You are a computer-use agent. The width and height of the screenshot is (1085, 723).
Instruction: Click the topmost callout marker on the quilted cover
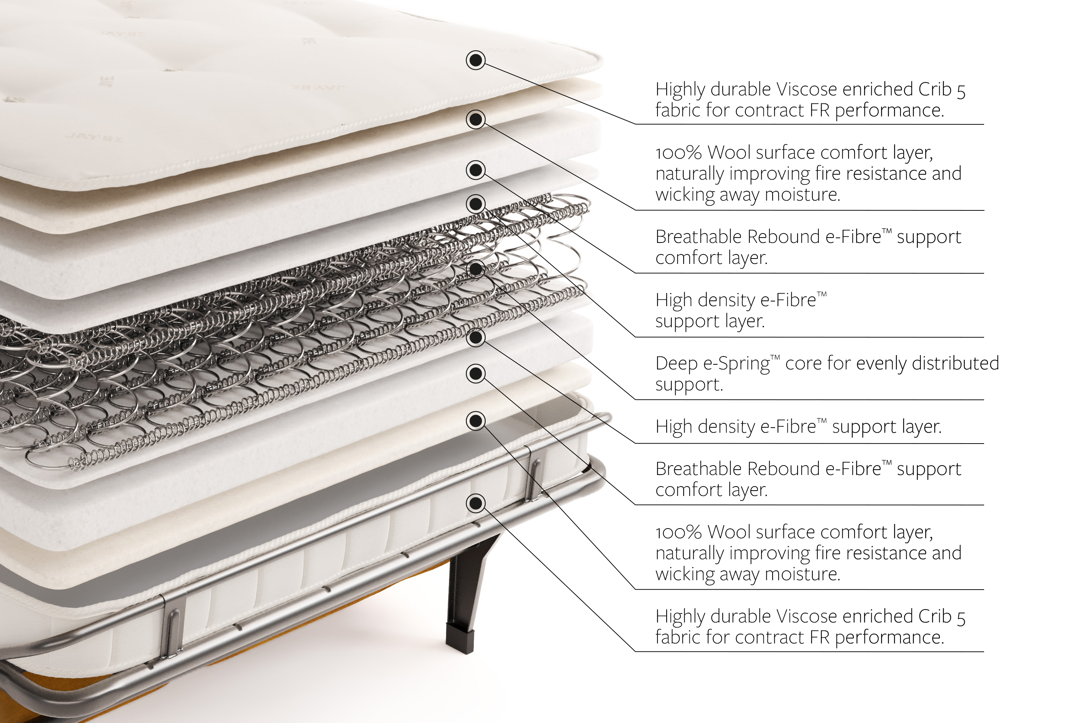tap(476, 60)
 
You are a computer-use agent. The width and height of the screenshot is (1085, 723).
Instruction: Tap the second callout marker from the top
tap(476, 119)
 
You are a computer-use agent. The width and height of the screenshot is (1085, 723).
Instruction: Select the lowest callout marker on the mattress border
tap(476, 503)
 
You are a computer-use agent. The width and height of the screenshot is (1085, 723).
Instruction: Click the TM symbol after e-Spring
tap(775, 358)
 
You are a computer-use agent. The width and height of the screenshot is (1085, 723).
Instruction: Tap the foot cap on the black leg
tap(460, 639)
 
